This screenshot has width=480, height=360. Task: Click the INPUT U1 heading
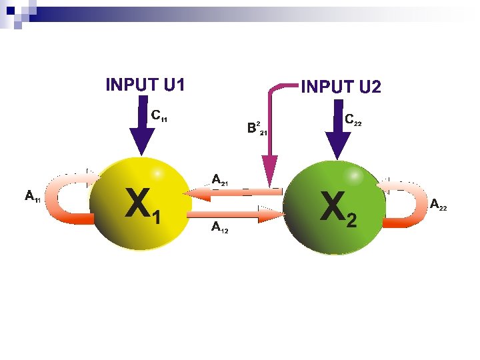pyautogui.click(x=145, y=85)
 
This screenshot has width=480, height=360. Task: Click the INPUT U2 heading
pyautogui.click(x=341, y=87)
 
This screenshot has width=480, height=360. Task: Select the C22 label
pyautogui.click(x=353, y=120)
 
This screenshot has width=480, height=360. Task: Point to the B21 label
pyautogui.click(x=256, y=128)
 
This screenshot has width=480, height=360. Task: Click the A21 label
pyautogui.click(x=219, y=179)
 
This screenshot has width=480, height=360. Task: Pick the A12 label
pyautogui.click(x=219, y=228)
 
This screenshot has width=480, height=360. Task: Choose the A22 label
pyautogui.click(x=438, y=205)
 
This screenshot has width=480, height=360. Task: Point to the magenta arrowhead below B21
pyautogui.click(x=269, y=171)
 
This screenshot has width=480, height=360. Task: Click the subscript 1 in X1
pyautogui.click(x=157, y=217)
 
